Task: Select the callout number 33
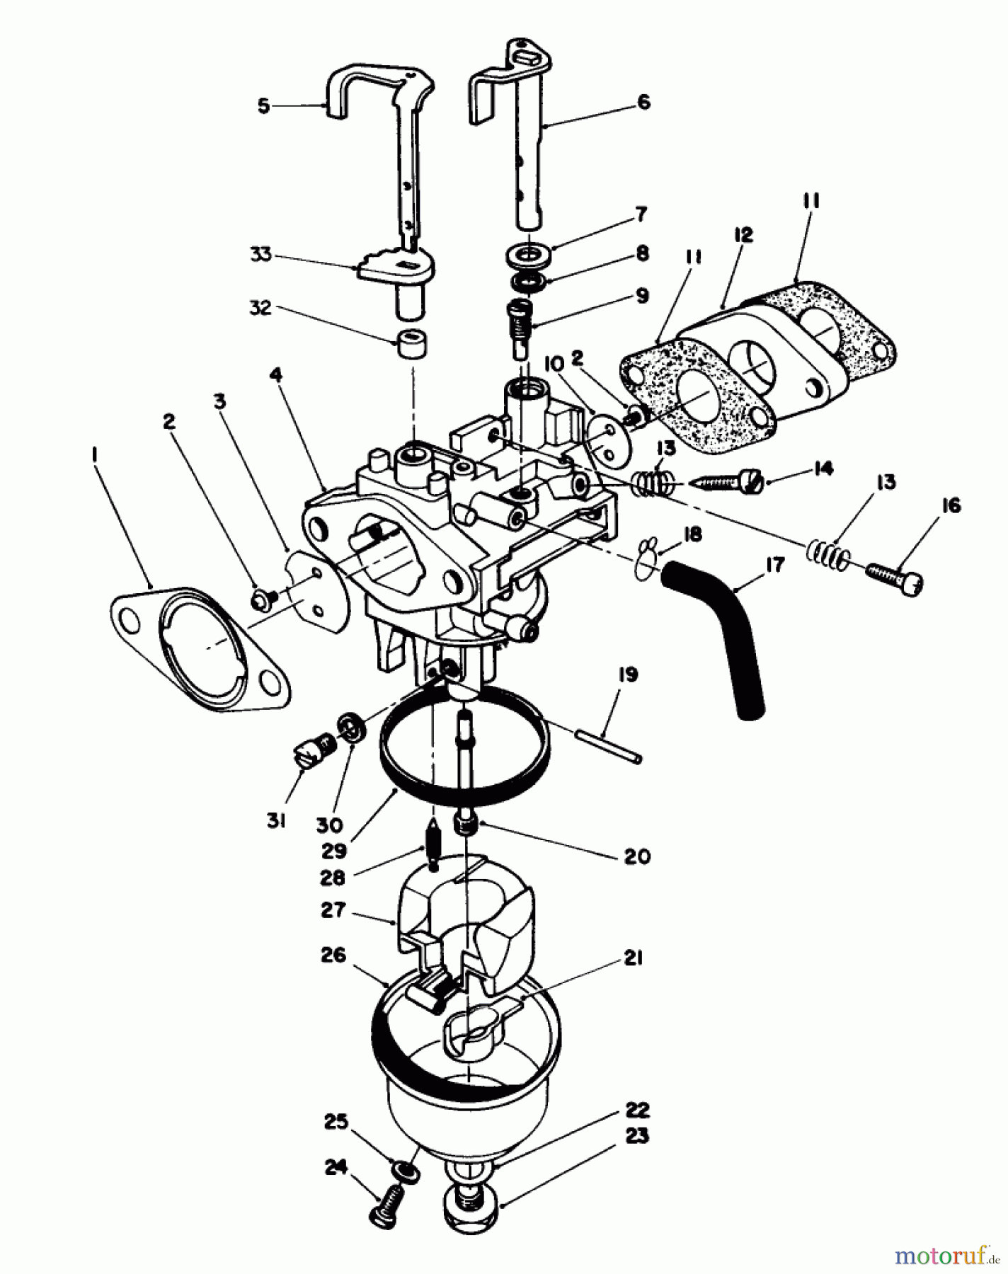pyautogui.click(x=261, y=254)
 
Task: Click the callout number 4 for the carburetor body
pyautogui.click(x=275, y=374)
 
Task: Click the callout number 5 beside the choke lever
pyautogui.click(x=264, y=107)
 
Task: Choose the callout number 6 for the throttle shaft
pyautogui.click(x=643, y=102)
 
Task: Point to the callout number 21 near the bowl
pyautogui.click(x=632, y=958)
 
